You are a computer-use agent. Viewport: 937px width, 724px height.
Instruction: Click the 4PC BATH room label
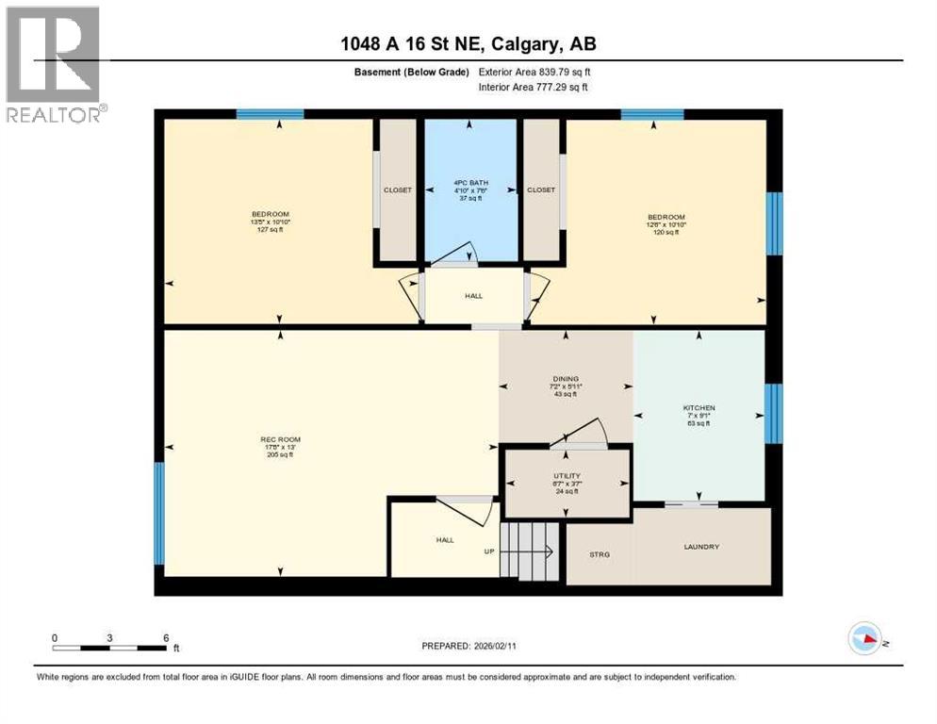[x=468, y=183]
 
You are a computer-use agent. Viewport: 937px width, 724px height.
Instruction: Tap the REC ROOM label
[x=280, y=439]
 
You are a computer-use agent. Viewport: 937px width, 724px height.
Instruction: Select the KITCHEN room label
[x=699, y=408]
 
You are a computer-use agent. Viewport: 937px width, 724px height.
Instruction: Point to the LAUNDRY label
[x=701, y=547]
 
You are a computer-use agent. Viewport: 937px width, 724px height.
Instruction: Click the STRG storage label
[x=599, y=554]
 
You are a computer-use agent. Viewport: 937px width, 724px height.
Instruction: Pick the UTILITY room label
[x=567, y=476]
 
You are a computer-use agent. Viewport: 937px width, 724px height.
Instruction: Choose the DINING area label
[x=566, y=379]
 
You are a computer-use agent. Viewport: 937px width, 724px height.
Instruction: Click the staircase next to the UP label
[x=528, y=551]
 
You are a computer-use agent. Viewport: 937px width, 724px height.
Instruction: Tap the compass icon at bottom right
[x=864, y=638]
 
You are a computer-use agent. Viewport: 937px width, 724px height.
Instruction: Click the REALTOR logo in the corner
[x=54, y=63]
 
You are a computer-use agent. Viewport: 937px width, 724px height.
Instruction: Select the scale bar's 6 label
[x=166, y=638]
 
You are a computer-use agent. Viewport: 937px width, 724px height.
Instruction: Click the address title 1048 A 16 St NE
[x=469, y=43]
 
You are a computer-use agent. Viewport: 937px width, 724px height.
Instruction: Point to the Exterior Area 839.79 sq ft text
[x=534, y=72]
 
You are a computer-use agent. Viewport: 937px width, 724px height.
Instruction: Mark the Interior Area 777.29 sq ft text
[x=534, y=87]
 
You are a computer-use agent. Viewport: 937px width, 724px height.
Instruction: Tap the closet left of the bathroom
[x=397, y=189]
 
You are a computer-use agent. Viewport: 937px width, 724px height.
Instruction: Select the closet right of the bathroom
[x=541, y=189]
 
